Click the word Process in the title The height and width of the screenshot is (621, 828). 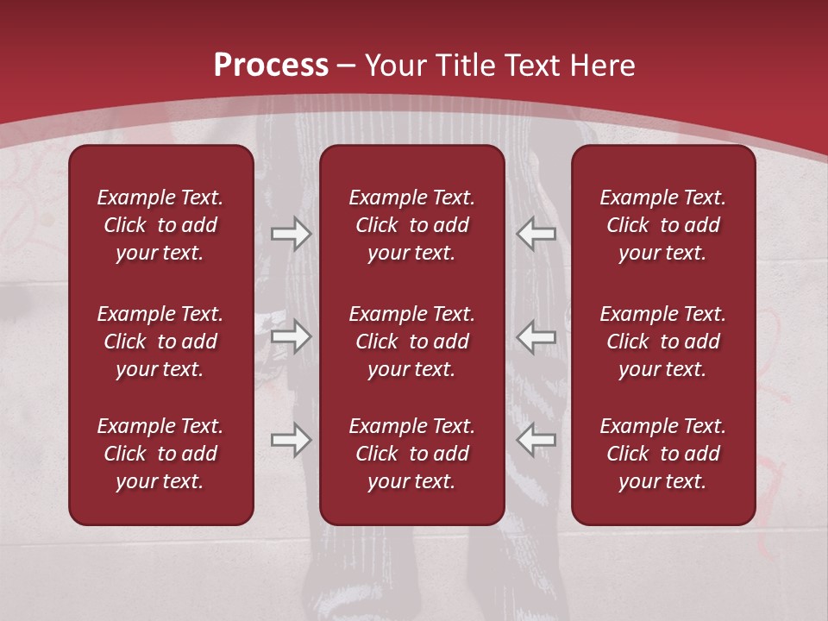pyautogui.click(x=271, y=65)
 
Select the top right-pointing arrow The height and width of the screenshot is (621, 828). pyautogui.click(x=291, y=233)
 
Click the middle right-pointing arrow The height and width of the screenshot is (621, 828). pyautogui.click(x=291, y=336)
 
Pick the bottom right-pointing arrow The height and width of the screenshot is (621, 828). pyautogui.click(x=291, y=440)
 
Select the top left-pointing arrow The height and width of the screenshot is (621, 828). pyautogui.click(x=536, y=233)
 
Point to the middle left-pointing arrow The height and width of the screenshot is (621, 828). pyautogui.click(x=536, y=336)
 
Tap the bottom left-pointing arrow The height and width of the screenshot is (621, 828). pyautogui.click(x=536, y=440)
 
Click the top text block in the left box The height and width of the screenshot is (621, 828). pyautogui.click(x=160, y=225)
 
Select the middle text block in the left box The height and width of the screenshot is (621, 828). pyautogui.click(x=160, y=342)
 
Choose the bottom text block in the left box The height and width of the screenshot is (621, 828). pyautogui.click(x=160, y=454)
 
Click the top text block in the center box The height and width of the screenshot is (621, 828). pyautogui.click(x=411, y=225)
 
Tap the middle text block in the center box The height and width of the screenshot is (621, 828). pyautogui.click(x=411, y=342)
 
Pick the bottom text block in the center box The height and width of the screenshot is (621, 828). pyautogui.click(x=411, y=454)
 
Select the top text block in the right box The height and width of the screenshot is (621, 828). pyautogui.click(x=662, y=225)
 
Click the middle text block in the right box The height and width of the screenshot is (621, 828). pyautogui.click(x=662, y=342)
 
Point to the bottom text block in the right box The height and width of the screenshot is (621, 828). pyautogui.click(x=662, y=454)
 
